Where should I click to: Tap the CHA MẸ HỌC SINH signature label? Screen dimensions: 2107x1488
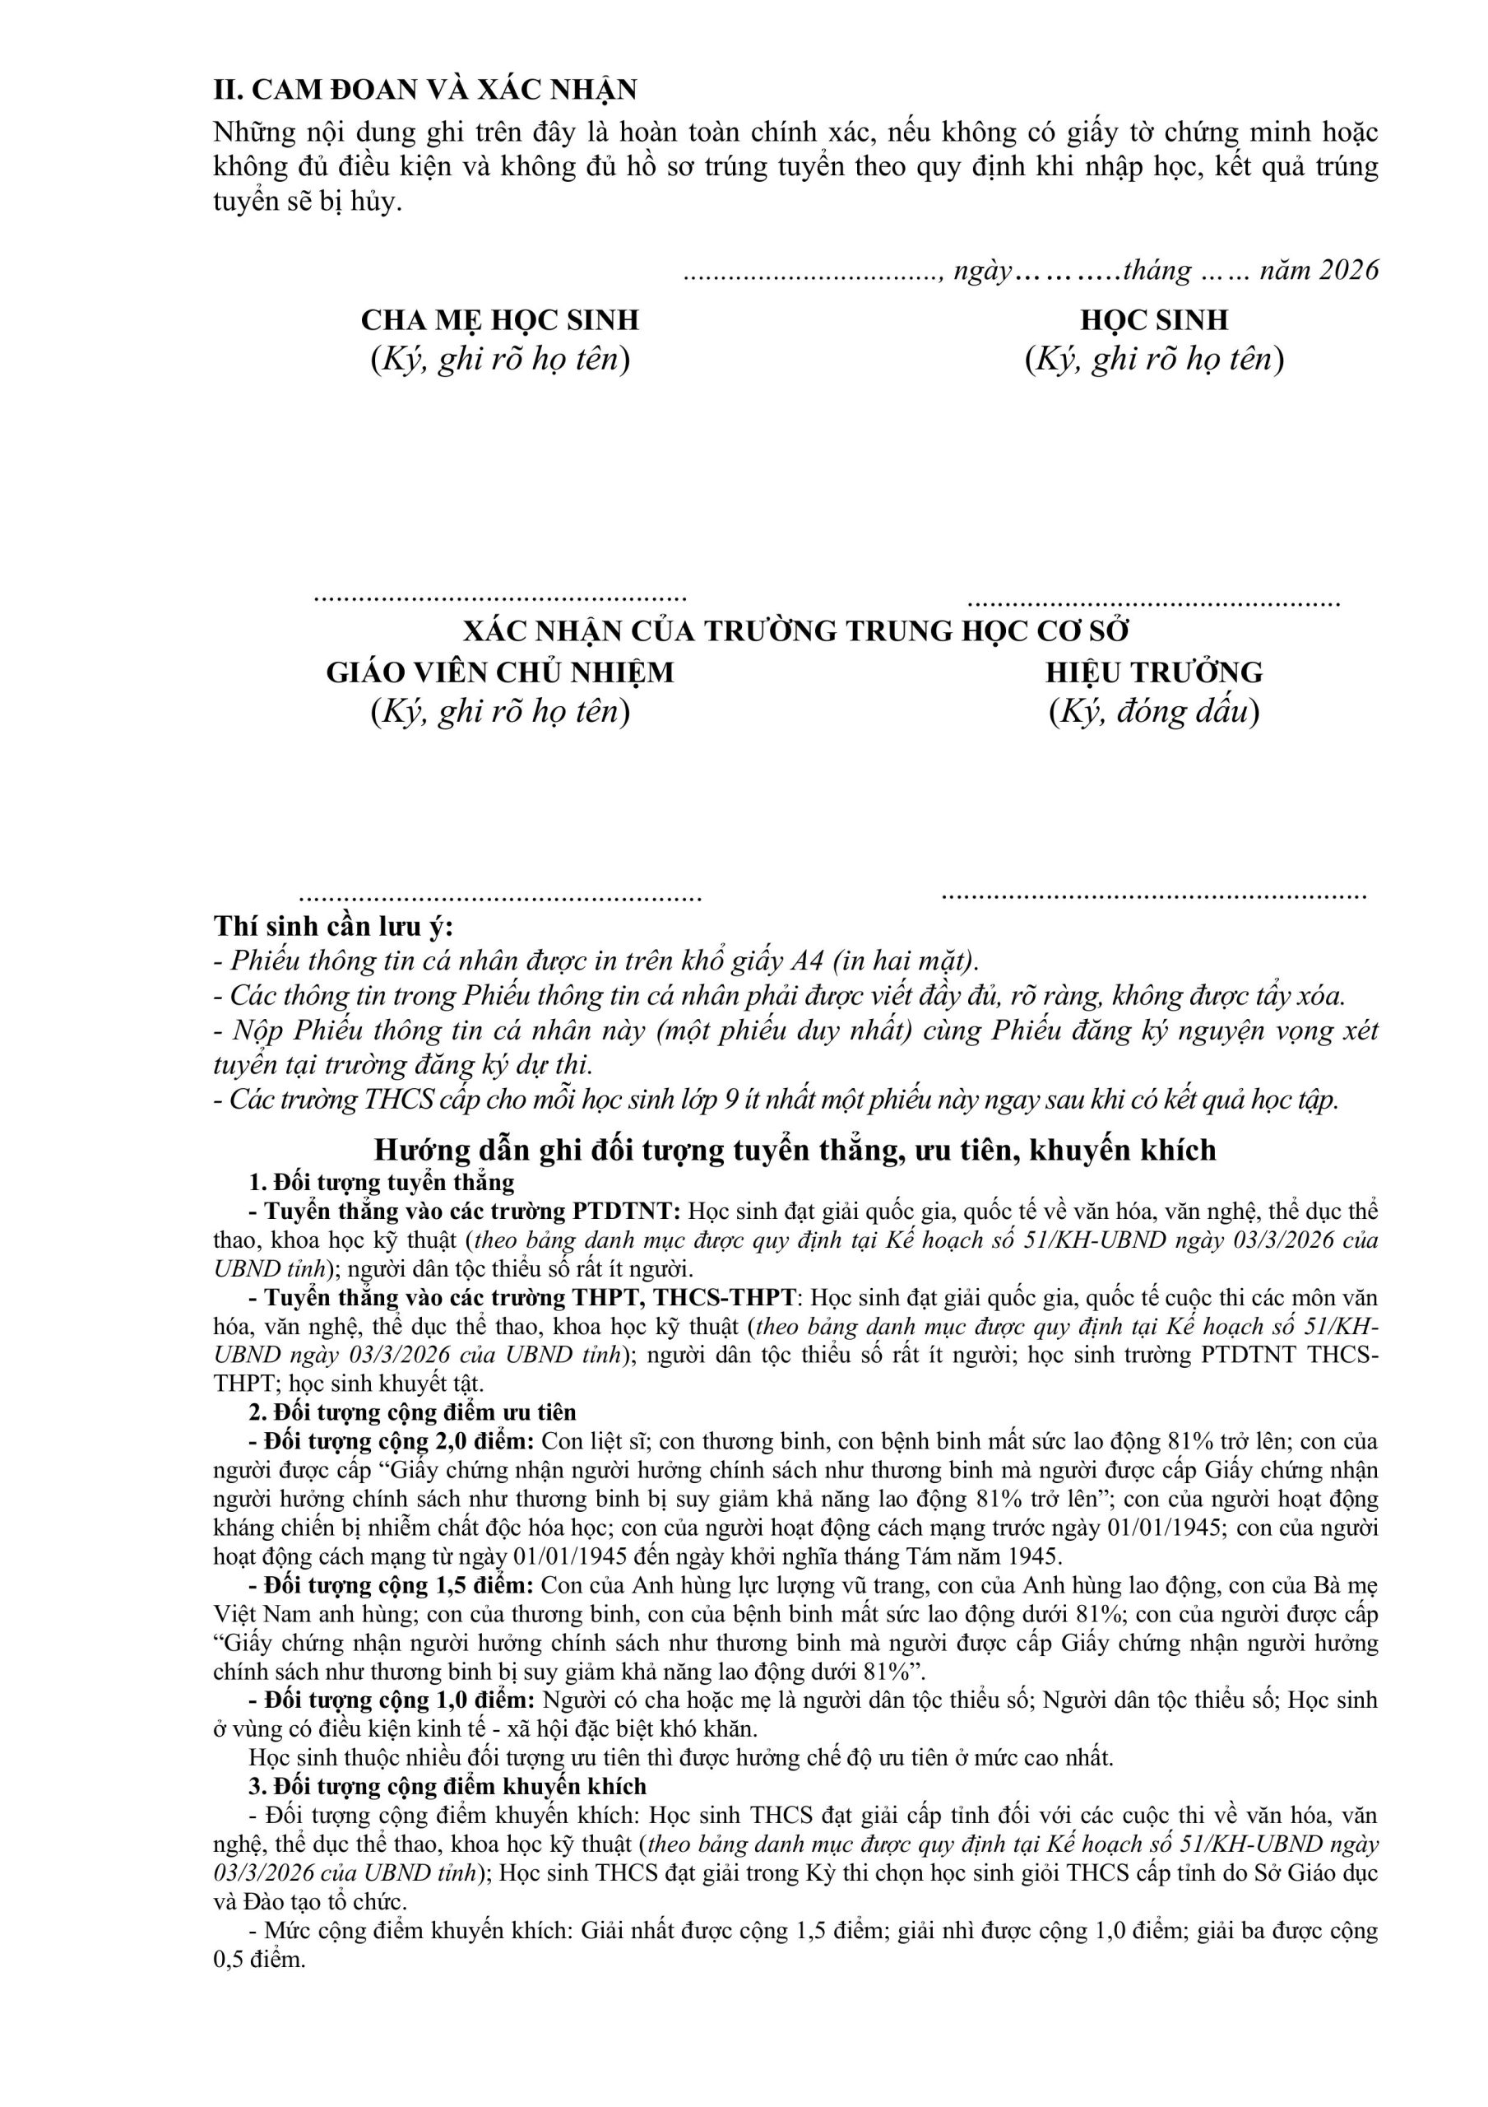(x=499, y=320)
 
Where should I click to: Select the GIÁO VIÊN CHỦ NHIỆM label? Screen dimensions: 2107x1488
(x=500, y=672)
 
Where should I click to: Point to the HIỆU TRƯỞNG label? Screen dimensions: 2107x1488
(x=1153, y=672)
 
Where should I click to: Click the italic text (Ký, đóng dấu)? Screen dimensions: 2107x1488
(x=1153, y=712)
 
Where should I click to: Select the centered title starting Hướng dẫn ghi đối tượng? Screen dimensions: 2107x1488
(x=795, y=1150)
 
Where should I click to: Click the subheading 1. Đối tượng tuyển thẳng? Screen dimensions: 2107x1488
(x=382, y=1182)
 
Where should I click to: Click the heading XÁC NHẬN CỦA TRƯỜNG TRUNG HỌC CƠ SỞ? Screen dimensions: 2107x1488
(x=795, y=631)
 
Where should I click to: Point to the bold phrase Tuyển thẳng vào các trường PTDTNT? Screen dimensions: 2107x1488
(x=471, y=1212)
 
